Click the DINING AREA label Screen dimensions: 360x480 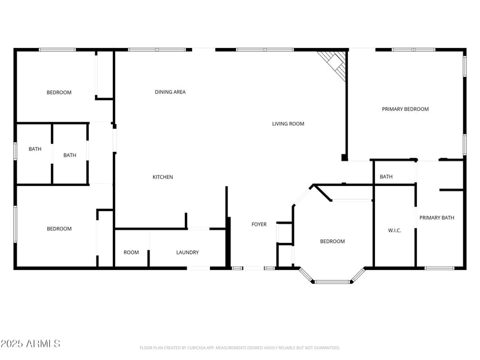click(170, 92)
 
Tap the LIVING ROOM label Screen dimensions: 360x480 click(288, 124)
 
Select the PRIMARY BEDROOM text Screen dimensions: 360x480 click(406, 109)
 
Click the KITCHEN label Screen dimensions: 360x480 click(163, 177)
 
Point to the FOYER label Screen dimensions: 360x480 click(259, 224)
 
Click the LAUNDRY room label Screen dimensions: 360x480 click(187, 253)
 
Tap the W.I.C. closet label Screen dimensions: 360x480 click(394, 230)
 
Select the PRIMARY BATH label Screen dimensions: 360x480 click(437, 217)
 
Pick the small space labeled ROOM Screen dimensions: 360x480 click(131, 253)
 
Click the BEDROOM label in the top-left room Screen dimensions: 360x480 click(59, 92)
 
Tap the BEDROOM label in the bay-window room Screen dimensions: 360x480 click(332, 241)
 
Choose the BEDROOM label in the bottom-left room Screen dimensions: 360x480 click(59, 229)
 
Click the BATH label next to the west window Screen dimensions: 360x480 click(35, 149)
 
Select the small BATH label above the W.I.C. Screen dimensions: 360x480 click(386, 176)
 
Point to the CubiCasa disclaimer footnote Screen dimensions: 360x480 click(240, 347)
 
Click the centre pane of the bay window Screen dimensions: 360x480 click(332, 281)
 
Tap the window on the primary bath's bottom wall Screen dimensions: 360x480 click(439, 268)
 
